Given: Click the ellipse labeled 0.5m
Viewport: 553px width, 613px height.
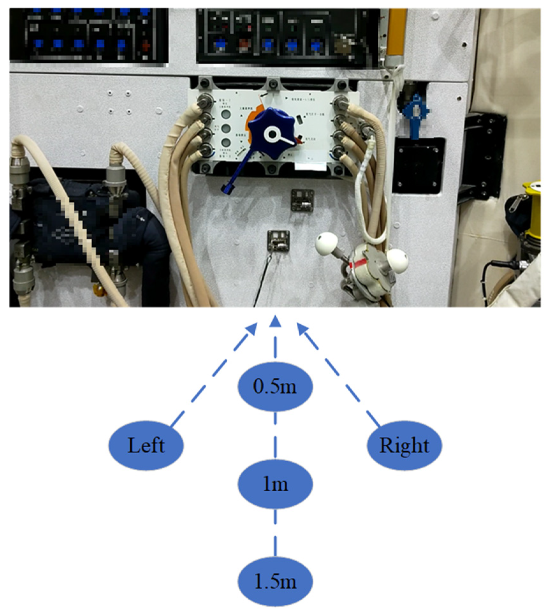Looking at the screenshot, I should coord(275,386).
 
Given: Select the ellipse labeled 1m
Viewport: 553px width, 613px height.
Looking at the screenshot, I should coord(275,484).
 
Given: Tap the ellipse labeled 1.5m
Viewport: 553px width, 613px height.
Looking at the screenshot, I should coord(275,581).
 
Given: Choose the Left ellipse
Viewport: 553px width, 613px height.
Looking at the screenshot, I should coord(146,445).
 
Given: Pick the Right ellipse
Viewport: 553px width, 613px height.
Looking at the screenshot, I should coord(404,445).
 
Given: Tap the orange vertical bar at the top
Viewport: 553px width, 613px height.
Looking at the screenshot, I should coord(397,32).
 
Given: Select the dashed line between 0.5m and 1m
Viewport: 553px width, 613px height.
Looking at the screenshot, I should coord(275,435).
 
